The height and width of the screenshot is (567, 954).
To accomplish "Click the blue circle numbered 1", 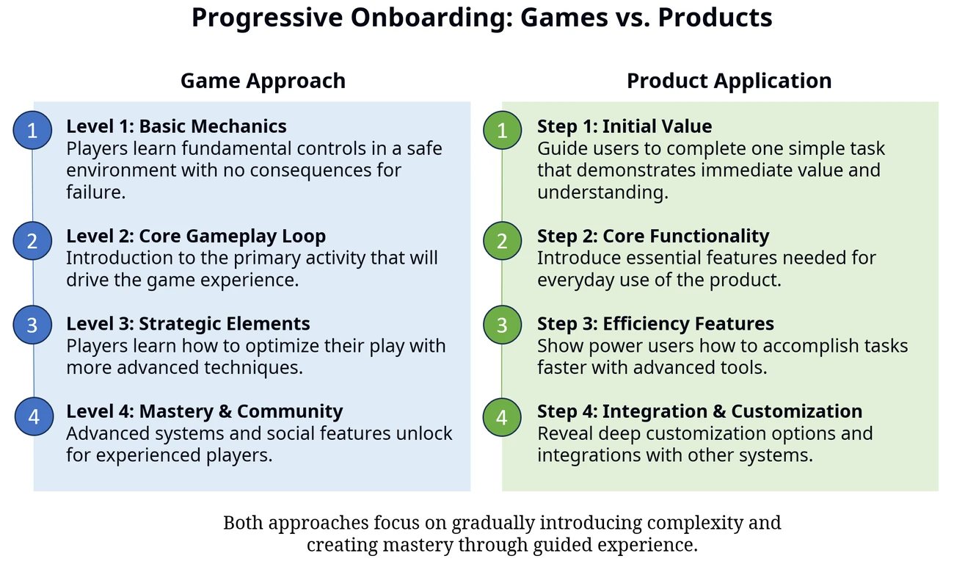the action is [32, 130].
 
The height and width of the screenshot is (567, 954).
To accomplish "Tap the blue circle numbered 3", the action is [32, 325].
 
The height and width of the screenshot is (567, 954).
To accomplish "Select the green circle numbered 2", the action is [502, 241].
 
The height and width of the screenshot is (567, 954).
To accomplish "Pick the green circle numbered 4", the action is [502, 417].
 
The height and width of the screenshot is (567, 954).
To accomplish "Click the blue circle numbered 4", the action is [34, 416].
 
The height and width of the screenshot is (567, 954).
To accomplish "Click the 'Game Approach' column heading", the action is [263, 81].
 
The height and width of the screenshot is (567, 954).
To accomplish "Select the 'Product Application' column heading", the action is [729, 81].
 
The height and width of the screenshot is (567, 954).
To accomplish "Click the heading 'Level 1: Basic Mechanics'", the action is [176, 126].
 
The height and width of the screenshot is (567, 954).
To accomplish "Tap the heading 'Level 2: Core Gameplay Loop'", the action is [196, 236].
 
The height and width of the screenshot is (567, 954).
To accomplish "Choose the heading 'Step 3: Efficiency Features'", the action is [655, 324].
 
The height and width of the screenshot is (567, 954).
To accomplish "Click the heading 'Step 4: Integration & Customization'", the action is [700, 411].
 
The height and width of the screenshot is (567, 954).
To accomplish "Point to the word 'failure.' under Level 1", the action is [96, 192].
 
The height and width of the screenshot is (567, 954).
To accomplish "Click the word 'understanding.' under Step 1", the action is [602, 192].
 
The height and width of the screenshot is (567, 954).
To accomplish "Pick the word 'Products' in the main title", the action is [715, 18].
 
